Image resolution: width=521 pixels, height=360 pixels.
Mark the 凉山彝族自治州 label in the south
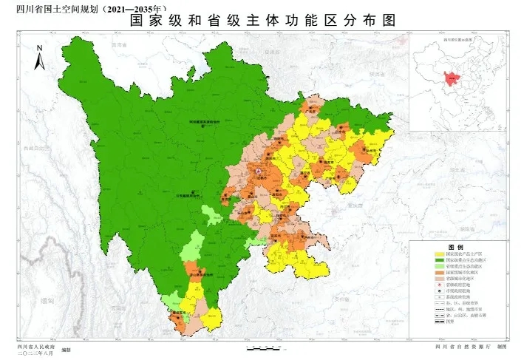pos(198,273)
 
